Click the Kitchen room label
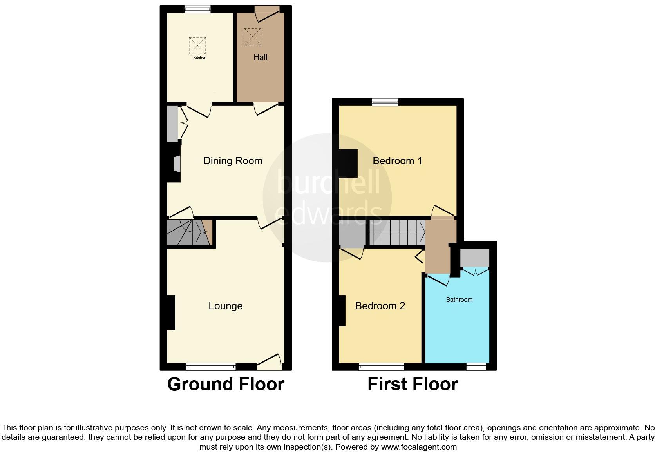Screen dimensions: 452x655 click(x=200, y=58)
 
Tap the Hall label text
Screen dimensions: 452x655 click(x=260, y=57)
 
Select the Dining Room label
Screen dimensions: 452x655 click(x=233, y=161)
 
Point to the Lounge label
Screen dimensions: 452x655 click(x=225, y=306)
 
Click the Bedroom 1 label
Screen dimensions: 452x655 click(x=397, y=161)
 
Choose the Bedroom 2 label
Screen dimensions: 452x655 click(x=380, y=306)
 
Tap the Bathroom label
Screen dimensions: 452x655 click(x=459, y=300)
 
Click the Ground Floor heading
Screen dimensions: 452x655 click(x=226, y=384)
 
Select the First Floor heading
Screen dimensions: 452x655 click(x=413, y=384)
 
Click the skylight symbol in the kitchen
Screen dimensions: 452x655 click(x=197, y=46)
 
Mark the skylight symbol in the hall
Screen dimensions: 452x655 click(x=252, y=37)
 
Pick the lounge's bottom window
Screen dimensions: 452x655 click(x=211, y=367)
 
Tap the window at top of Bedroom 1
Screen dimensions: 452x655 click(x=385, y=102)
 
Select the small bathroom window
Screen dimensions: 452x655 click(x=476, y=367)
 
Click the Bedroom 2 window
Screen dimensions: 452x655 click(x=382, y=367)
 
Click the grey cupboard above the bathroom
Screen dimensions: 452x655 click(x=474, y=257)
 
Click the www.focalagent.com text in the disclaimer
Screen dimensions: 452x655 click(x=419, y=447)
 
